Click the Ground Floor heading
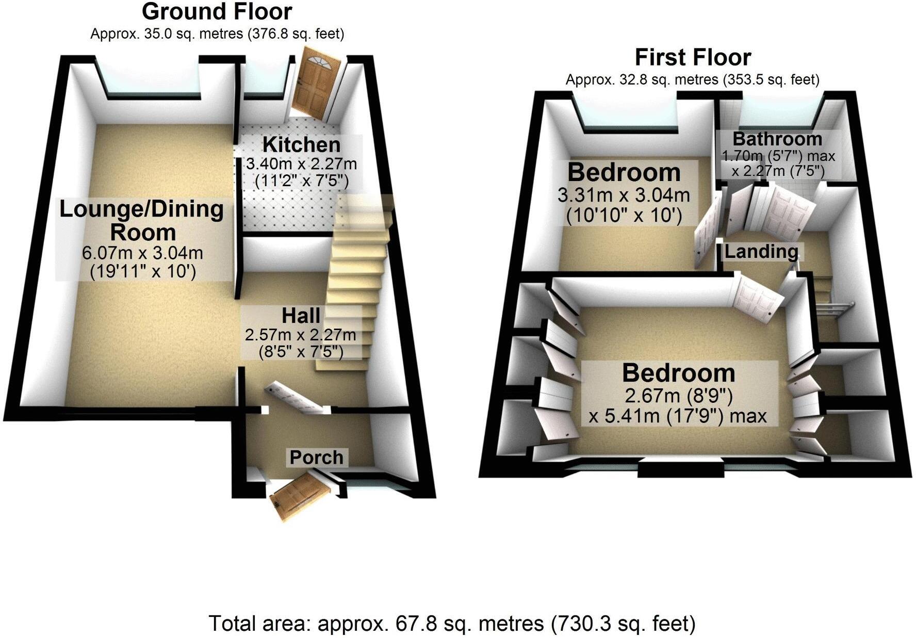tap(217, 11)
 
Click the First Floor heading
tap(692, 57)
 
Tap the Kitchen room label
tap(301, 145)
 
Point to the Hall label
tap(301, 316)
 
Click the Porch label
tap(316, 457)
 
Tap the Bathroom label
tap(777, 139)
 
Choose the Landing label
tap(761, 252)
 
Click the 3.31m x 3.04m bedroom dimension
tap(624, 195)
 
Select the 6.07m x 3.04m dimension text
tap(142, 253)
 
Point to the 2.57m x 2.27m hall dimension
tap(301, 335)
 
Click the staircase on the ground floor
tap(356, 279)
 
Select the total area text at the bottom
tap(452, 624)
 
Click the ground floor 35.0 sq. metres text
tap(217, 34)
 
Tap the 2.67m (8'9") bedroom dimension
tap(678, 396)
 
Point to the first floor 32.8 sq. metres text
tap(692, 80)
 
